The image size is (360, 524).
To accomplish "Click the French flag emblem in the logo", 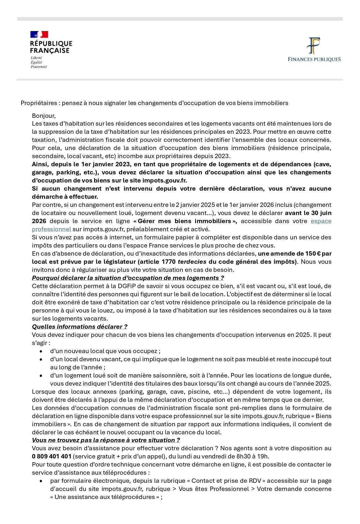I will click(39, 35).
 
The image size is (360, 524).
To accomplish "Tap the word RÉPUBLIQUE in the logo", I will click(51, 44).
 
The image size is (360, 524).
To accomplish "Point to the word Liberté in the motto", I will click(36, 58).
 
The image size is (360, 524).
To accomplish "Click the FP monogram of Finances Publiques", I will click(314, 46).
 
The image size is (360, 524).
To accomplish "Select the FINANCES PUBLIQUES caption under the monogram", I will click(314, 59).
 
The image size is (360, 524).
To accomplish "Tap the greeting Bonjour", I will click(44, 116).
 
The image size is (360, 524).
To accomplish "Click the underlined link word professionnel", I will click(51, 229).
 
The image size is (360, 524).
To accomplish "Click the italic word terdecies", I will click(192, 262).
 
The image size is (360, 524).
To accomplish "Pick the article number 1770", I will click(169, 262).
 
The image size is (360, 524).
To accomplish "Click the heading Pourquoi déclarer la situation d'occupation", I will click(128, 278).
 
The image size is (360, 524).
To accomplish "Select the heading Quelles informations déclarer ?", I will click(79, 327).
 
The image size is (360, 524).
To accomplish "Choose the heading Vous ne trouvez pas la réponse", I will click(106, 440).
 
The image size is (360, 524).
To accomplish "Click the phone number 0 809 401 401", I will click(52, 456).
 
